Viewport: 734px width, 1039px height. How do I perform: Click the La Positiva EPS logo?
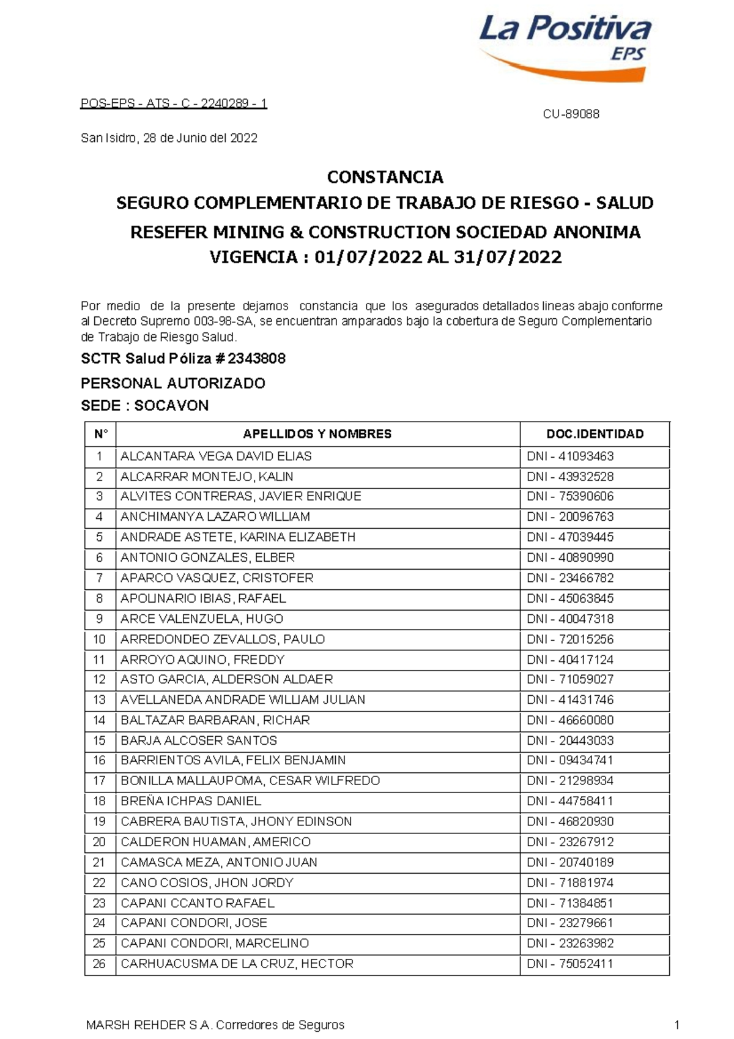tap(565, 46)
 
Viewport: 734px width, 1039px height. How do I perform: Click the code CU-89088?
tap(571, 114)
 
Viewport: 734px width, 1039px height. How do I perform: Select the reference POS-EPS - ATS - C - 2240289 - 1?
tap(174, 103)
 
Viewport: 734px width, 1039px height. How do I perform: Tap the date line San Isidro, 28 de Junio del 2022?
tap(169, 138)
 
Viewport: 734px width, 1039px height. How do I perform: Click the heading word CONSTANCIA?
tap(385, 177)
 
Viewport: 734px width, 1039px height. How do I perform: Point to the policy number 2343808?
tap(256, 359)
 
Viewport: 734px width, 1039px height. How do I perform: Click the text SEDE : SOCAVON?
tap(144, 406)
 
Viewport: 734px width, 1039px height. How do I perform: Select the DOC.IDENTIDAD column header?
tap(595, 434)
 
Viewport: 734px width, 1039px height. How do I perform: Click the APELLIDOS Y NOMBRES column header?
tap(317, 434)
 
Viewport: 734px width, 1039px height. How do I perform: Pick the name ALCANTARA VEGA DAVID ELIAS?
tap(216, 456)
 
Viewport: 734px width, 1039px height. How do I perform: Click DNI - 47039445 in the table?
tap(570, 537)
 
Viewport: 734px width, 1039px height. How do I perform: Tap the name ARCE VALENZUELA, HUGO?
tap(201, 619)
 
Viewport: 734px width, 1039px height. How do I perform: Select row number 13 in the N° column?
tap(99, 700)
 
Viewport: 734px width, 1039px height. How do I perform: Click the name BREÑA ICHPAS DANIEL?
tap(190, 801)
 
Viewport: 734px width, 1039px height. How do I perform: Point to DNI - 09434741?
tap(570, 761)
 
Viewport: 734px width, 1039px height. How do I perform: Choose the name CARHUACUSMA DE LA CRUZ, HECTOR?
tap(237, 964)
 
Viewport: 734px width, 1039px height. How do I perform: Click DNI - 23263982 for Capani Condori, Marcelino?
tap(570, 944)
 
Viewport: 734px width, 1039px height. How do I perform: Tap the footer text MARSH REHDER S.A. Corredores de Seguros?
tap(215, 1025)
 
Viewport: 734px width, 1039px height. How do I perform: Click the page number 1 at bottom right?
tap(677, 1025)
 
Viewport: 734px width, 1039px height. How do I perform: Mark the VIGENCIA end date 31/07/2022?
tap(507, 257)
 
